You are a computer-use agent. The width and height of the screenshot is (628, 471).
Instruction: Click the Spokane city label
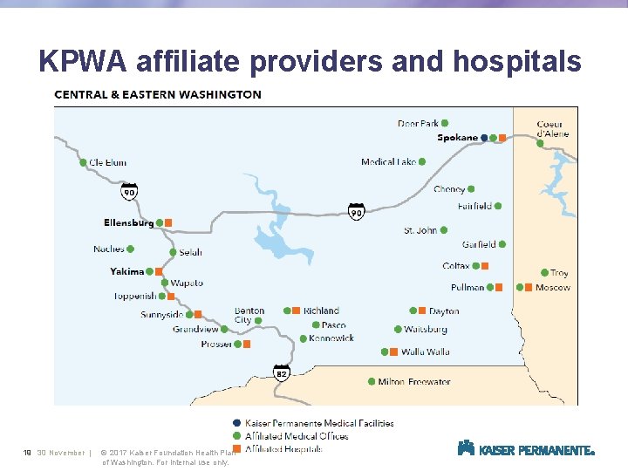tap(457, 138)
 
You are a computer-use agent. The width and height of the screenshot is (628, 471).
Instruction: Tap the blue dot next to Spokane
tap(484, 138)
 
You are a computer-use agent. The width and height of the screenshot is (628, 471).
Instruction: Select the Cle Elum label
tap(107, 162)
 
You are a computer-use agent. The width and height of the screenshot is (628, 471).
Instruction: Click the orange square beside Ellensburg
tap(168, 222)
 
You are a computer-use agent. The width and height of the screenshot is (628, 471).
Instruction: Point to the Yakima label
tap(127, 271)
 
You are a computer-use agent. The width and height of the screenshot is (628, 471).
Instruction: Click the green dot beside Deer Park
tap(445, 123)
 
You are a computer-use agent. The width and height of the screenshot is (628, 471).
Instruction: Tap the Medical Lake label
tap(388, 161)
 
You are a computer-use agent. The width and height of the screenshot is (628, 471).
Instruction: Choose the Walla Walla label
tap(425, 352)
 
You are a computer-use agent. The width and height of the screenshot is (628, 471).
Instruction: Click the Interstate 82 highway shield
tap(282, 373)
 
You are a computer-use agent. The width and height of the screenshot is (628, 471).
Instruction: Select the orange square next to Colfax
tap(485, 265)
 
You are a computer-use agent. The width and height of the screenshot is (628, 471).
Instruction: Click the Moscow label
tap(552, 287)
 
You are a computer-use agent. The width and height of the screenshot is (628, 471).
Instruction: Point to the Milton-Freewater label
tap(414, 381)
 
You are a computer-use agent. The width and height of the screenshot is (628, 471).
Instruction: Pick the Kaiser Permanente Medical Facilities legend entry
tap(319, 423)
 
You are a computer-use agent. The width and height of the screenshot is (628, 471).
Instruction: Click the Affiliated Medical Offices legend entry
tap(297, 436)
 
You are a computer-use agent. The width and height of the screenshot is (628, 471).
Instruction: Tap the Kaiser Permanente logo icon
tap(466, 448)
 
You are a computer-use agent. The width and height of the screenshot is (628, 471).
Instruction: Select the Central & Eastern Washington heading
tap(158, 94)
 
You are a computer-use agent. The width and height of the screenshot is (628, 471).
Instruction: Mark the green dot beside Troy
tap(543, 273)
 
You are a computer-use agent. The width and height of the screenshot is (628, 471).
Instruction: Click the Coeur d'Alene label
tap(552, 128)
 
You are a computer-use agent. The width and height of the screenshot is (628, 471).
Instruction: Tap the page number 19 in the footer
tap(28, 453)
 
